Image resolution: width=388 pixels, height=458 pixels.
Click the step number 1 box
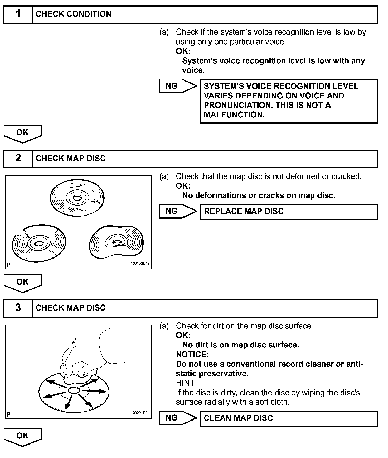click(18, 14)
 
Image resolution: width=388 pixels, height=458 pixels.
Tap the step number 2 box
click(18, 159)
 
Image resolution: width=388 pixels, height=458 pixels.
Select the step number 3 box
click(18, 308)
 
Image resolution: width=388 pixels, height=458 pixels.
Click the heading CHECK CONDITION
click(74, 14)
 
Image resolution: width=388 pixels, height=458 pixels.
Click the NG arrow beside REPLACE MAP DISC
click(178, 211)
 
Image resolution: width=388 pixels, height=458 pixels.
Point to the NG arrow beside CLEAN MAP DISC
click(178, 418)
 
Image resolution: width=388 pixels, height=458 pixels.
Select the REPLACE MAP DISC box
click(289, 212)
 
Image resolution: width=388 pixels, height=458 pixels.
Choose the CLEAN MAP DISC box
click(289, 418)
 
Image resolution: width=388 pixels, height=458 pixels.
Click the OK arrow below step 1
click(22, 133)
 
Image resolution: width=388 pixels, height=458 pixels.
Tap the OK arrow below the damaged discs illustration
click(22, 283)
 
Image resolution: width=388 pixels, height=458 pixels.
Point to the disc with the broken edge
click(39, 243)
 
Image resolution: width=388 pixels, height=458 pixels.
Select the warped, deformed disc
click(116, 242)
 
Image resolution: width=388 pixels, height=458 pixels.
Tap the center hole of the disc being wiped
click(74, 390)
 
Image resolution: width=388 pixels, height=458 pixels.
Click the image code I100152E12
click(139, 263)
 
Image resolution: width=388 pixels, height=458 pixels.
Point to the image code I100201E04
click(139, 413)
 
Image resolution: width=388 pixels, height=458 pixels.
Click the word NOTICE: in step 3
click(192, 354)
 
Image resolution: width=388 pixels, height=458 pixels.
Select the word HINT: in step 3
click(186, 383)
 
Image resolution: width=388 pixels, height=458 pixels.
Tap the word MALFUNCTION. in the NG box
click(234, 115)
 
